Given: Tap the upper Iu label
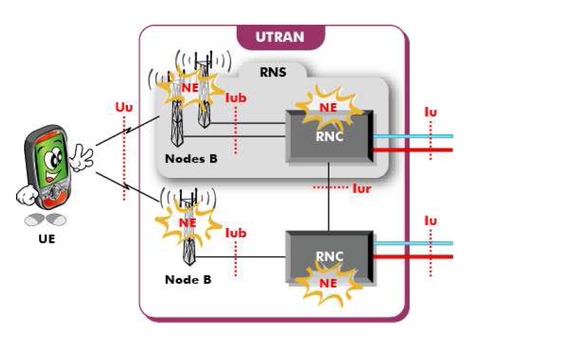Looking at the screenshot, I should pos(431,112).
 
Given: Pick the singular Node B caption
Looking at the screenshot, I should pos(188,280).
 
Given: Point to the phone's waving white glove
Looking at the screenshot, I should pos(81,157).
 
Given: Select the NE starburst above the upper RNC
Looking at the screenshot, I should pos(327,107).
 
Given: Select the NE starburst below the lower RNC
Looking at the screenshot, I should pos(327,282).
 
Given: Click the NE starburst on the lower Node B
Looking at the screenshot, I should pos(187,221).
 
